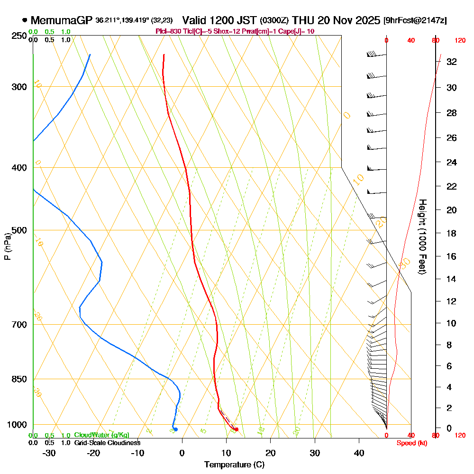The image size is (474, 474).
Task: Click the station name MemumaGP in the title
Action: coord(62,20)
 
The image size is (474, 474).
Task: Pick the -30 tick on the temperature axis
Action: coord(49,453)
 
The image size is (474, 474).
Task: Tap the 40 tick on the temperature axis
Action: coord(359,453)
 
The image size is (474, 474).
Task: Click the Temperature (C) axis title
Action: coord(234,465)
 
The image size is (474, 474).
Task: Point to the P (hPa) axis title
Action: coord(8,246)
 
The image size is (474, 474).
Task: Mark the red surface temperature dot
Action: coord(236,429)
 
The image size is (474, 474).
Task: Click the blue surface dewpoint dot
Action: coord(175,429)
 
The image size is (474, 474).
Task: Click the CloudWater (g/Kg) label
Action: coord(101,435)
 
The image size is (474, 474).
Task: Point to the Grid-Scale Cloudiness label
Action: coord(107,443)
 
